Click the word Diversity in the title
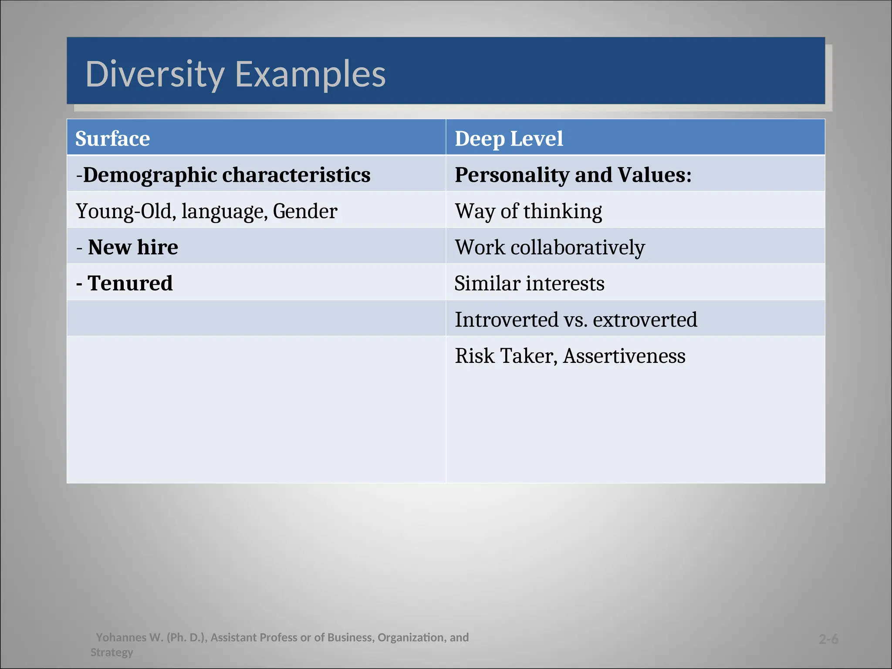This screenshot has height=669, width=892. point(155,74)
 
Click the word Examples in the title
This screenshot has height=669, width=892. point(310,74)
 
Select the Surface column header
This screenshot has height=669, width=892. point(112,139)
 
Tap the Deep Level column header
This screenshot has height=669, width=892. point(509,139)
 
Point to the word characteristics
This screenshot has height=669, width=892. point(296,175)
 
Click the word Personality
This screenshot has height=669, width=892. point(512,175)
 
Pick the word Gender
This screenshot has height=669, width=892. point(305,211)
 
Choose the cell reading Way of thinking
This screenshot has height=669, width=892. point(528,211)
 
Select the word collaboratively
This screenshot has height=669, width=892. point(578,247)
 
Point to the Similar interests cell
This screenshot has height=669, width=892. point(529,284)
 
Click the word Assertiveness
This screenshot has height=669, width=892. point(624,356)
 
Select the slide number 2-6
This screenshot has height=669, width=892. point(828,639)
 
